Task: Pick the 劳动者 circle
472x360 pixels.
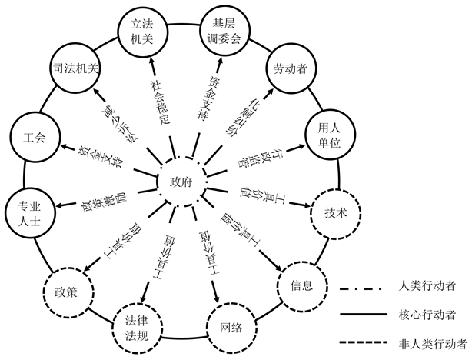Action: pos(290,68)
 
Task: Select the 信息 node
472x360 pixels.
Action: pos(301,285)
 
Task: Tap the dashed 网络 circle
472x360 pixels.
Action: pos(230,328)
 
